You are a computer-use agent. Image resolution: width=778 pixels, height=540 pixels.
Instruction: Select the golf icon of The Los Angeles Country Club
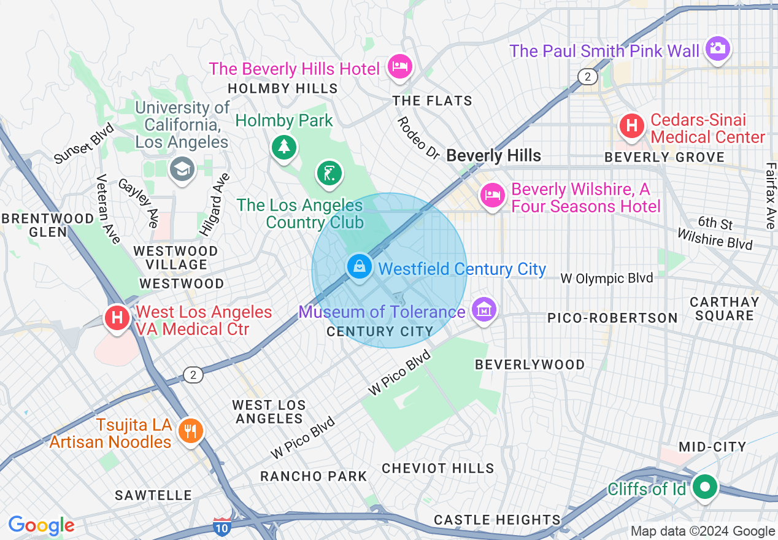(x=329, y=173)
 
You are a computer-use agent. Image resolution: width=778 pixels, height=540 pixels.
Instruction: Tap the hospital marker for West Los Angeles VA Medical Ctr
(x=116, y=318)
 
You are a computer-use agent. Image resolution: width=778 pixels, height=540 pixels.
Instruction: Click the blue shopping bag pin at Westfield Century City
(x=360, y=267)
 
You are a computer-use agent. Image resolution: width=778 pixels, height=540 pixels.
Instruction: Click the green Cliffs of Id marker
(x=705, y=487)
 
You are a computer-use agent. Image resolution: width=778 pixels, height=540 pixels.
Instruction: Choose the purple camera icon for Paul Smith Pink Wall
(x=717, y=48)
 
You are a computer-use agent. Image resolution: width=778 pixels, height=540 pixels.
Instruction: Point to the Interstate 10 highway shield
(x=222, y=526)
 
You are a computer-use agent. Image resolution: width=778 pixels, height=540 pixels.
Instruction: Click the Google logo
(x=42, y=525)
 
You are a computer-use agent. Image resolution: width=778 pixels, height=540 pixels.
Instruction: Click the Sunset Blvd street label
(x=84, y=144)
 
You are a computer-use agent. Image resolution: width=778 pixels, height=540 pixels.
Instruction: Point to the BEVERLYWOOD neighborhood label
(x=530, y=364)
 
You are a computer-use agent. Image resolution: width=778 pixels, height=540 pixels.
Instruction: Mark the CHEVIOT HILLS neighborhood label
(x=438, y=468)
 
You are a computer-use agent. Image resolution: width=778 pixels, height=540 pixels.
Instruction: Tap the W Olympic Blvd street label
(x=606, y=279)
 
